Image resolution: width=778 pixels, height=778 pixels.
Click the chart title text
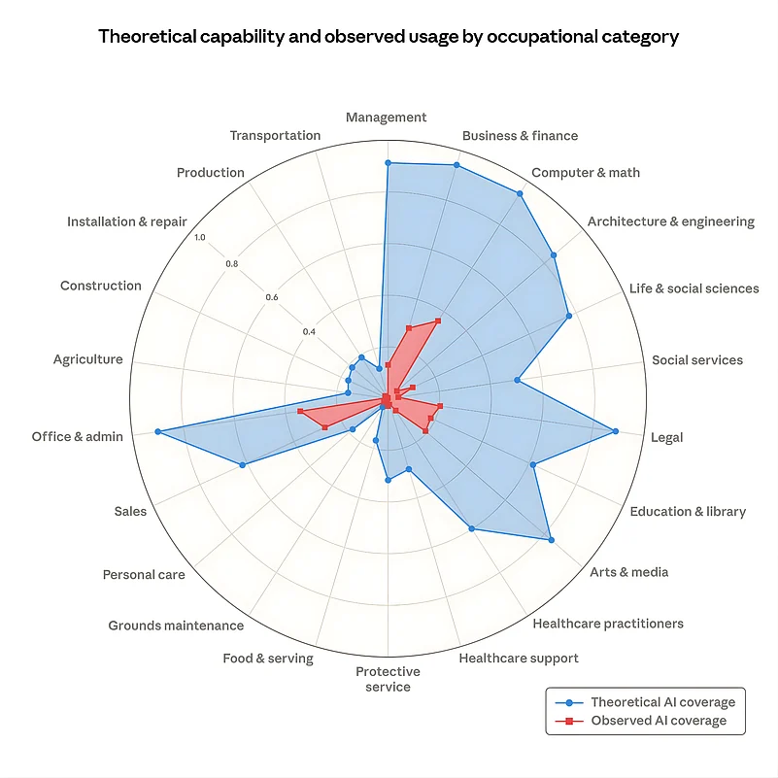389,37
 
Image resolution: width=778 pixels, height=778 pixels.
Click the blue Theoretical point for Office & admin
157,432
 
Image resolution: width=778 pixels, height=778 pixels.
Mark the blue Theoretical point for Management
388,163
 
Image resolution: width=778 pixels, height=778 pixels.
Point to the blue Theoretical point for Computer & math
520,194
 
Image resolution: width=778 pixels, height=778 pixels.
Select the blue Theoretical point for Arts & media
551,540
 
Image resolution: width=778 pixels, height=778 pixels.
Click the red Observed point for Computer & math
438,320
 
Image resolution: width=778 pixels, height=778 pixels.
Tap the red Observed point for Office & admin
300,413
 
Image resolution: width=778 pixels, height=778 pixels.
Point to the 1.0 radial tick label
200,238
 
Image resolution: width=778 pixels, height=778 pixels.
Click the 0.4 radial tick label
309,332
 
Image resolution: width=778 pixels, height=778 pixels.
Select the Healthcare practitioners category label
608,624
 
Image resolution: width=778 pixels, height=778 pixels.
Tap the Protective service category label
388,679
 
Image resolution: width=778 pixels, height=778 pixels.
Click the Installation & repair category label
126,221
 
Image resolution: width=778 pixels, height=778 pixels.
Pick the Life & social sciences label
693,288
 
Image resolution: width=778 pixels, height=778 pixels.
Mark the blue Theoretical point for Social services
517,381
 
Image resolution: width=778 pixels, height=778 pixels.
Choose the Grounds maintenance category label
176,626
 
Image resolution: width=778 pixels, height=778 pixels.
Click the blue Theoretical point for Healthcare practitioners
471,529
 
